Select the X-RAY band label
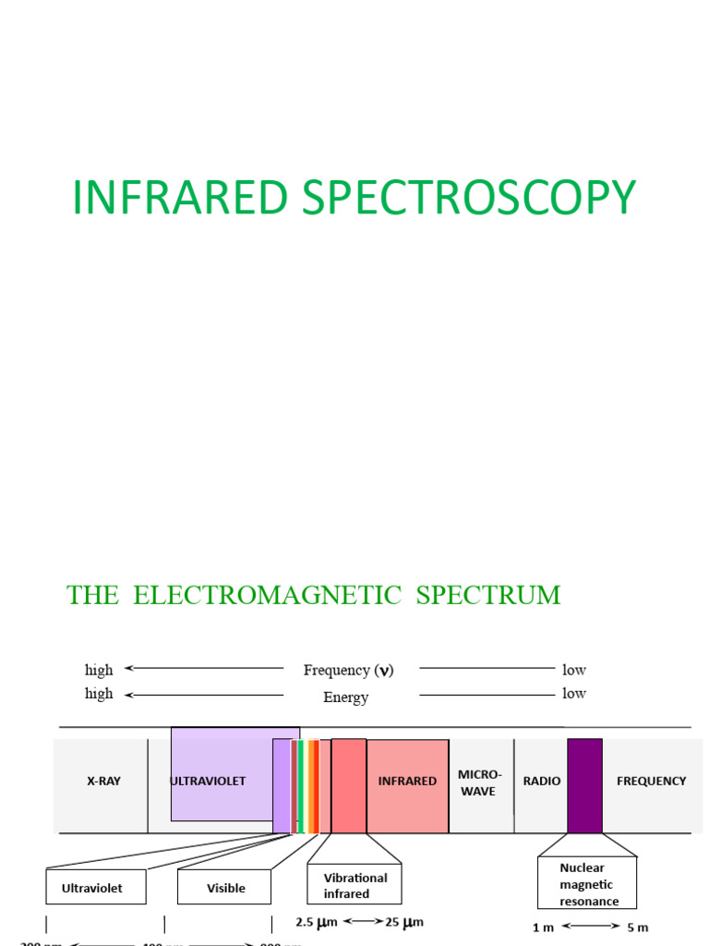point(103,781)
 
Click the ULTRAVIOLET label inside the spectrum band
point(208,781)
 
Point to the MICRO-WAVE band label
point(480,782)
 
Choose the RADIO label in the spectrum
point(542,781)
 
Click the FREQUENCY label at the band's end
point(651,781)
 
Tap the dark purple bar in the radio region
point(584,784)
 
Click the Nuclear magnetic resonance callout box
point(587,882)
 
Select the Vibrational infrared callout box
point(354,886)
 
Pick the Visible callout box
point(225,888)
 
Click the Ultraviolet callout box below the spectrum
point(91,888)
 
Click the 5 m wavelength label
point(637,927)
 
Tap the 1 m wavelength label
point(543,927)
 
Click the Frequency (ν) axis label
point(348,671)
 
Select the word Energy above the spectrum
point(345,697)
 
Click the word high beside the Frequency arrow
point(99,670)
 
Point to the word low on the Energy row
point(574,694)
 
